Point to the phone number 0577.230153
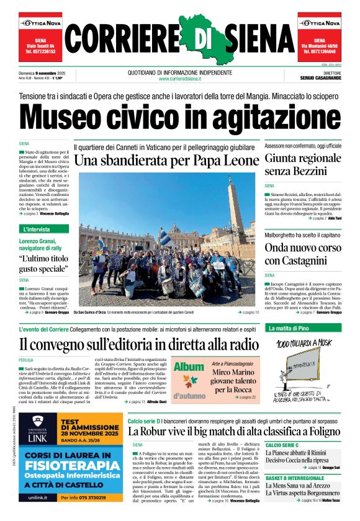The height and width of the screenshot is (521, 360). point(42,51)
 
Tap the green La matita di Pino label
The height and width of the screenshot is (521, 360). point(288,327)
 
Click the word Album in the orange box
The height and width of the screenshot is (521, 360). point(189,367)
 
